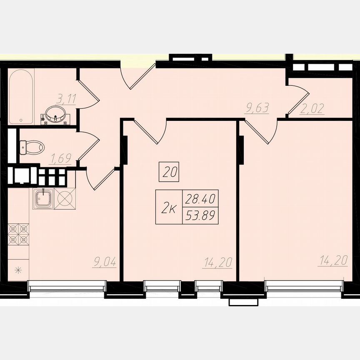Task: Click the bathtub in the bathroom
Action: coord(20,97)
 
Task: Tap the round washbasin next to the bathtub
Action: coord(54,113)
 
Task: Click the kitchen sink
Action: coord(43,199)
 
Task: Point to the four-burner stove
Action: coord(19,234)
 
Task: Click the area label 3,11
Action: coord(66,99)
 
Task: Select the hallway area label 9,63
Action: coord(257,109)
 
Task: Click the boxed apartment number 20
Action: coord(169,172)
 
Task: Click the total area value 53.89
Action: coord(201,215)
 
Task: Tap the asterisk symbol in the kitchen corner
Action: coord(17,270)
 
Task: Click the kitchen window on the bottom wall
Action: coord(67,286)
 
